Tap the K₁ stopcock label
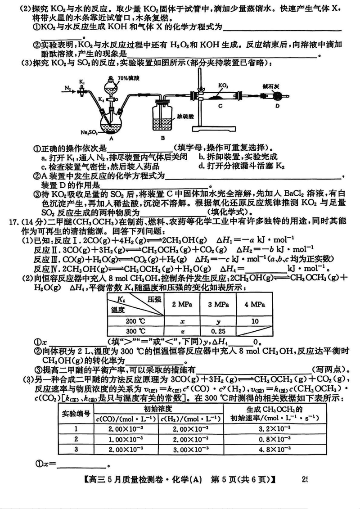[82, 83]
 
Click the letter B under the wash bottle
[162, 138]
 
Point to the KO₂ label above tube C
[223, 85]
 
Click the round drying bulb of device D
[277, 96]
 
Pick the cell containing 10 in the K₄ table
[255, 321]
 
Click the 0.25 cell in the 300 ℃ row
[218, 331]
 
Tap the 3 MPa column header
[218, 304]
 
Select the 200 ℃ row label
[136, 321]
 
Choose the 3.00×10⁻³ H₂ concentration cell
[190, 449]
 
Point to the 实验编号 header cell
[76, 414]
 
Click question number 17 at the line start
[13, 222]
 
